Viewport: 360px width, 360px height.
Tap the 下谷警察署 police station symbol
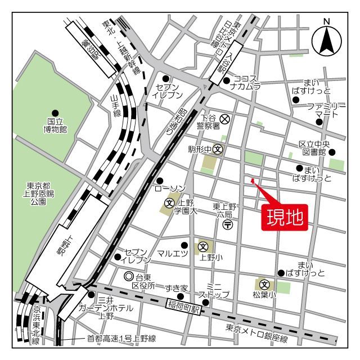coord(224,119)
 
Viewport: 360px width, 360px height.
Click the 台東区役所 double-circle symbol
coord(129,276)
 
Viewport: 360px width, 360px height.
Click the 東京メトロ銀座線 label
coord(256,339)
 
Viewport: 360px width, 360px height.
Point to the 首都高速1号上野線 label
coord(121,339)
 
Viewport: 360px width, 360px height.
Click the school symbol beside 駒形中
coord(218,149)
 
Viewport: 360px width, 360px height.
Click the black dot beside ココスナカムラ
coord(226,80)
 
